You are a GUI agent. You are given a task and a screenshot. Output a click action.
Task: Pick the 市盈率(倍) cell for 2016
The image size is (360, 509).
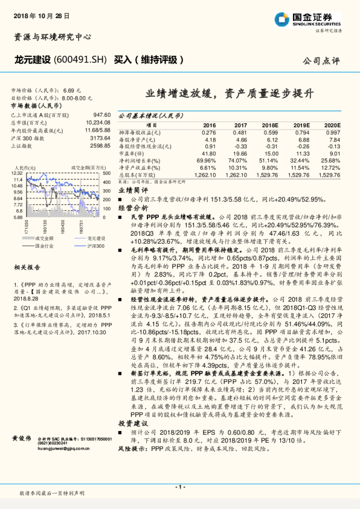207,154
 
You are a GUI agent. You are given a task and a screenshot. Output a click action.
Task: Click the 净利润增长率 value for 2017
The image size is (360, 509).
239,161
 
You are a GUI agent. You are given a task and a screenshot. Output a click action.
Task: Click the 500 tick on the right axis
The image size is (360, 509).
107,173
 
